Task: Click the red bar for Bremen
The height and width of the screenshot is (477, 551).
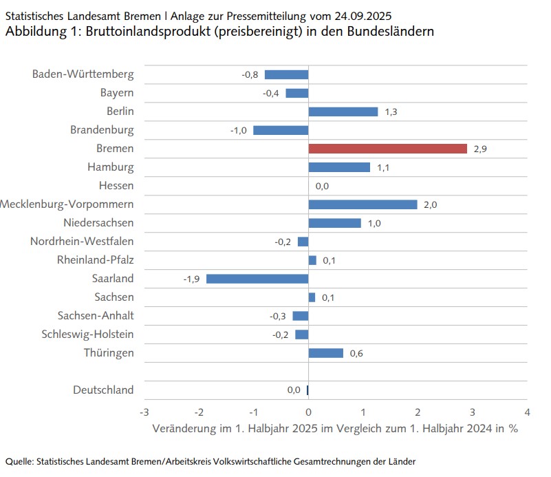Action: (x=387, y=149)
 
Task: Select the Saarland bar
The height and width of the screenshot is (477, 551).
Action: (x=257, y=279)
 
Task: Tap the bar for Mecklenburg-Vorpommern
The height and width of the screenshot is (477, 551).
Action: (x=363, y=204)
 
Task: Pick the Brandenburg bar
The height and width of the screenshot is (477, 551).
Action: (x=281, y=130)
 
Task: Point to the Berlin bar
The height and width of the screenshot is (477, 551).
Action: (x=343, y=112)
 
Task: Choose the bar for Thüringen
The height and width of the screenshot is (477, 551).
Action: (x=325, y=353)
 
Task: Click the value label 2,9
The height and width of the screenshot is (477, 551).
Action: (x=480, y=149)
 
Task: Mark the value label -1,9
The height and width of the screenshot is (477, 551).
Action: (x=191, y=279)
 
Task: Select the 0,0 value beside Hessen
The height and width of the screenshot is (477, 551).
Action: (x=322, y=186)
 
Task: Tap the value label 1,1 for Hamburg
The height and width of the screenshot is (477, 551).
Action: (x=383, y=167)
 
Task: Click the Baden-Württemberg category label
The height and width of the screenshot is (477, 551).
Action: (x=83, y=74)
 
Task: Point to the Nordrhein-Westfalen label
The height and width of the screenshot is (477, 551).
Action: (x=82, y=242)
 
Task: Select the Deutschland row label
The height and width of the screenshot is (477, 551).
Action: (x=103, y=390)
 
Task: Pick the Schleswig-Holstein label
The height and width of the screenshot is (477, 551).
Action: (x=87, y=335)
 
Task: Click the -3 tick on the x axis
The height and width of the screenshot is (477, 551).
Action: (x=144, y=412)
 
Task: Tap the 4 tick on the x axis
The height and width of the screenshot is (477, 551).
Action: (x=527, y=412)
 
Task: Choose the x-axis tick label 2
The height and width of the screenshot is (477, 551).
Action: (x=418, y=412)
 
